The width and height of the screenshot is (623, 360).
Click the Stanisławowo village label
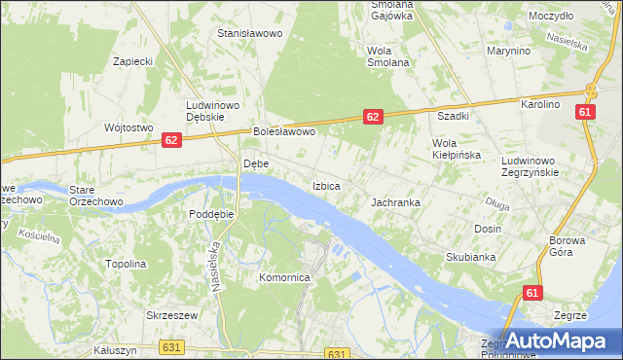point(249,33)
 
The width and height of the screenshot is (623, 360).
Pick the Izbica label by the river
point(326,185)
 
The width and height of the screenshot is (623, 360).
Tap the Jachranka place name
point(395,202)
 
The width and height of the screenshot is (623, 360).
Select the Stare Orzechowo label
point(94,195)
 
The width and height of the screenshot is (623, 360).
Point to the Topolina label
point(126,264)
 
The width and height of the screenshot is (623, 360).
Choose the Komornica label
point(283,277)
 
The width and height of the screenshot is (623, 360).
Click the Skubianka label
point(471,257)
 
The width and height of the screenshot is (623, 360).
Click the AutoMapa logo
point(560,342)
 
